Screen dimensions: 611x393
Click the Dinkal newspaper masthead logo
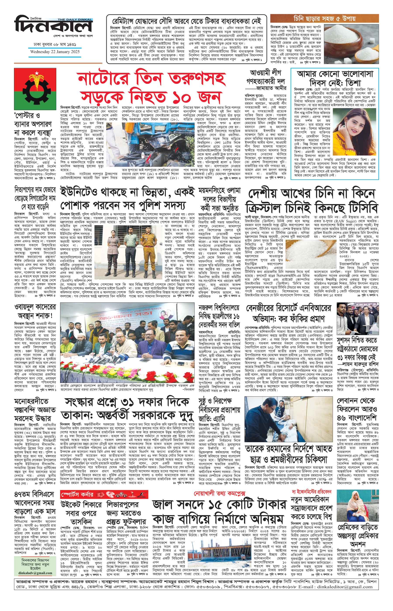pyautogui.click(x=53, y=27)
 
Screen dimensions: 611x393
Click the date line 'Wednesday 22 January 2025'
pyautogui.click(x=55, y=51)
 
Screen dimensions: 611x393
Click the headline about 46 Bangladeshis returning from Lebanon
pyautogui.click(x=357, y=409)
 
